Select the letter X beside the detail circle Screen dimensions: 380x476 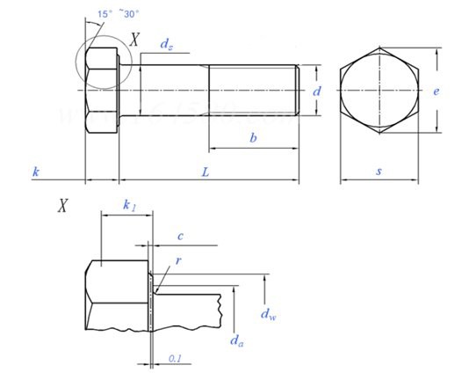[x=134, y=38]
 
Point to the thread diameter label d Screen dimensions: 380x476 [x=316, y=90]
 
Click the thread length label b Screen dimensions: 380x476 [x=253, y=138]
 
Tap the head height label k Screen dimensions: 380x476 [x=35, y=172]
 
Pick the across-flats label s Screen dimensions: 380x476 [x=379, y=172]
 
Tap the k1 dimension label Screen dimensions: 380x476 [x=130, y=206]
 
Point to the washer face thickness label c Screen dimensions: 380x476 [x=179, y=236]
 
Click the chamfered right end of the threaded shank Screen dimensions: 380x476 [x=297, y=90]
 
